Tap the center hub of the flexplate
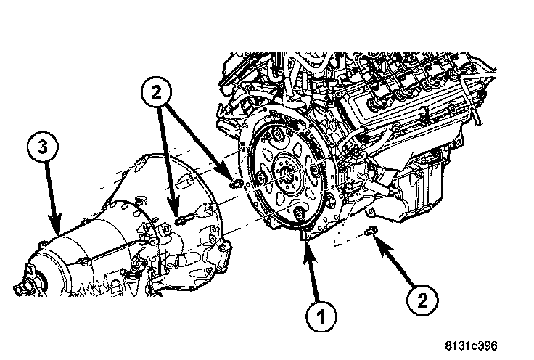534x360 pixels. (287, 174)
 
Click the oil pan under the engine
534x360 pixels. (421, 192)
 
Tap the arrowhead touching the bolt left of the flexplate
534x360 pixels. (230, 177)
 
